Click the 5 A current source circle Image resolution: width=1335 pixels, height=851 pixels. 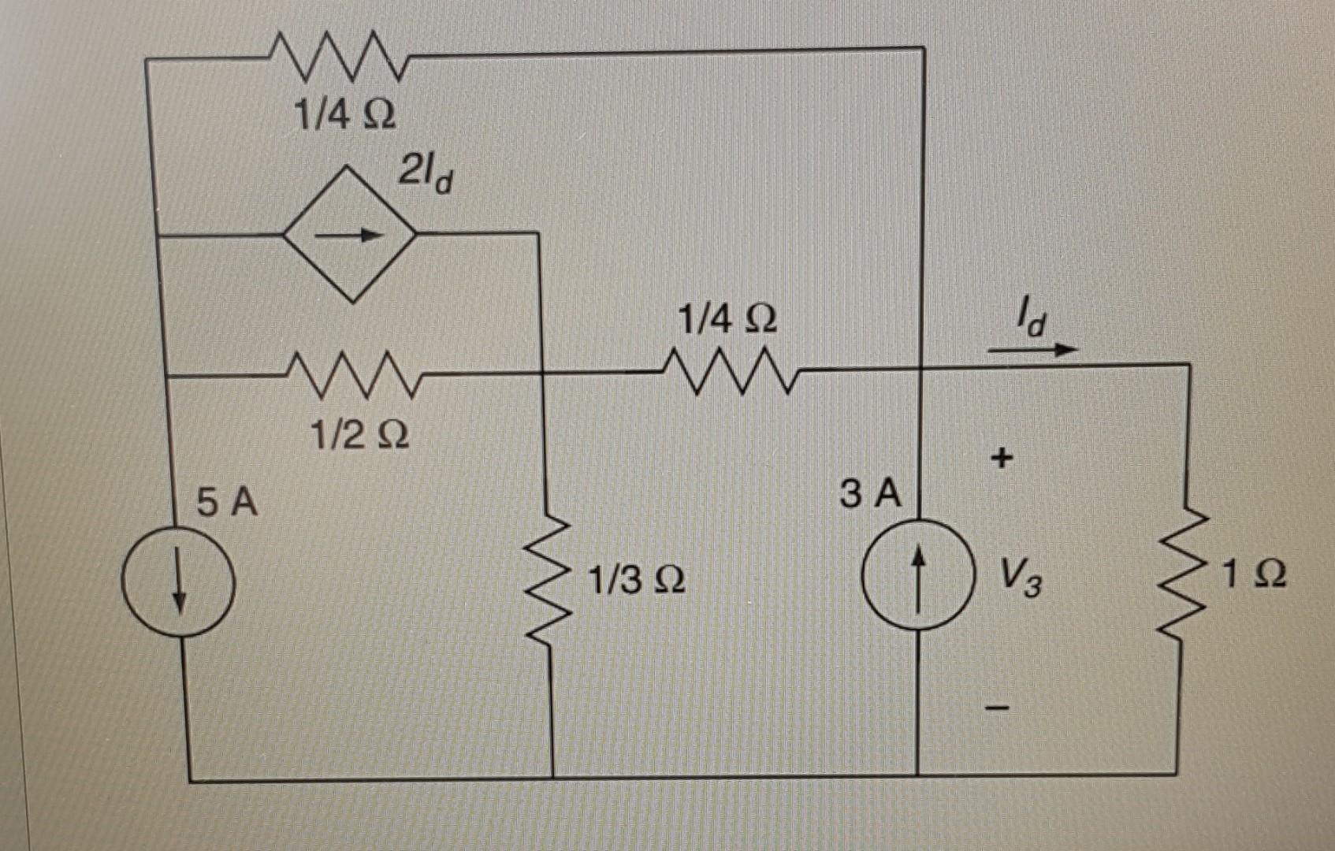click(178, 582)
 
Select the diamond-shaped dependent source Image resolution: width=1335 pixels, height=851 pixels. click(351, 234)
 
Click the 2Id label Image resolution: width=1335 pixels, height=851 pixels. click(426, 174)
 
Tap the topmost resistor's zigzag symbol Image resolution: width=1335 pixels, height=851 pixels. click(338, 57)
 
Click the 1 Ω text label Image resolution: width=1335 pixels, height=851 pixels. click(1255, 574)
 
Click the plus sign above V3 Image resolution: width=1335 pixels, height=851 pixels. click(1001, 457)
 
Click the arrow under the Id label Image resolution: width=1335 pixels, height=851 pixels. click(1032, 349)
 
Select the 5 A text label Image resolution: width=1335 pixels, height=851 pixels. click(227, 502)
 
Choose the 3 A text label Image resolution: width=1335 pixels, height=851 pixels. click(870, 495)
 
